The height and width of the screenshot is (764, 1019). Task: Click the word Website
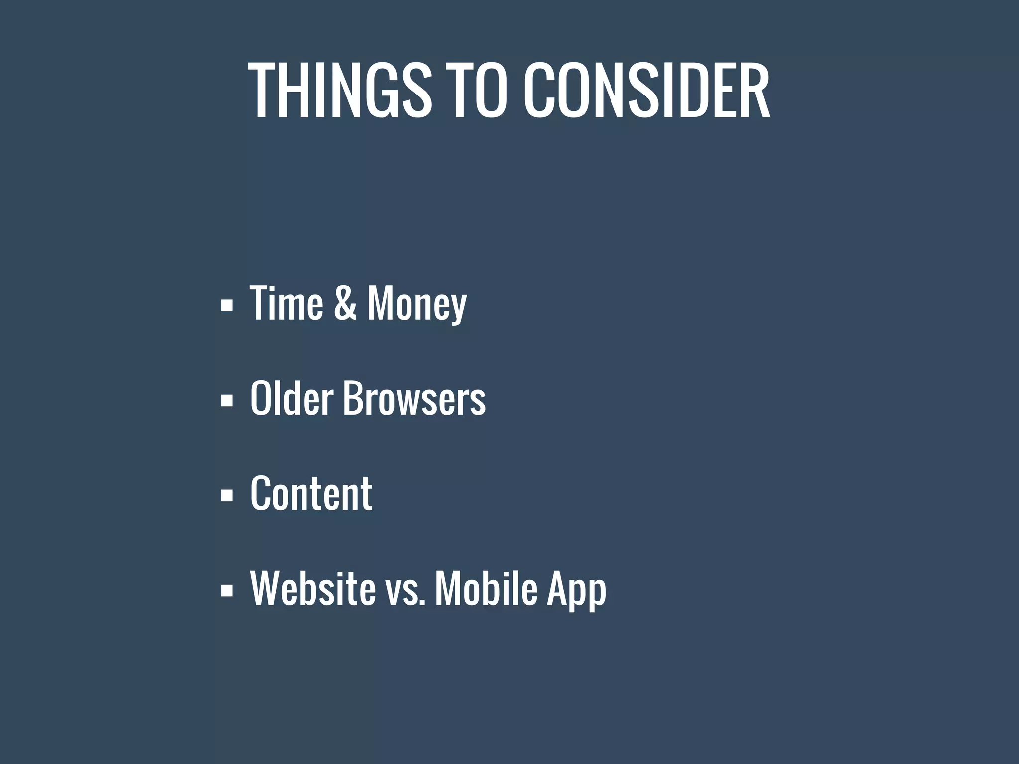[312, 588]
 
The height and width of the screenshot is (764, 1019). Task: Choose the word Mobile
[486, 588]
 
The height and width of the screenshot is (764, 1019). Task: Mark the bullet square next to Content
[226, 495]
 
